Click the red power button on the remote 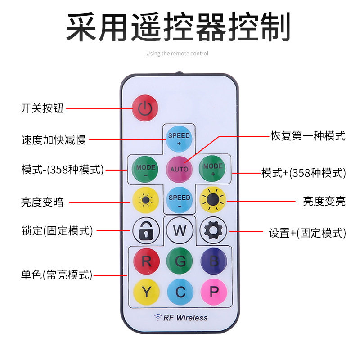[x=144, y=107]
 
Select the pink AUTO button [x=179, y=169]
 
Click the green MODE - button [x=145, y=169]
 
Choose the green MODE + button [x=212, y=169]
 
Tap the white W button [x=179, y=230]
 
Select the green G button [x=179, y=261]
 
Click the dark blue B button [x=213, y=261]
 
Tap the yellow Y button [x=146, y=292]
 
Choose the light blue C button [x=180, y=292]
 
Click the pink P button [x=213, y=292]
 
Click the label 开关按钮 [x=42, y=108]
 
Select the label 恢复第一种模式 [x=308, y=135]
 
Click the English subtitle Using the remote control [x=177, y=54]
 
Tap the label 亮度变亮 [x=324, y=201]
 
